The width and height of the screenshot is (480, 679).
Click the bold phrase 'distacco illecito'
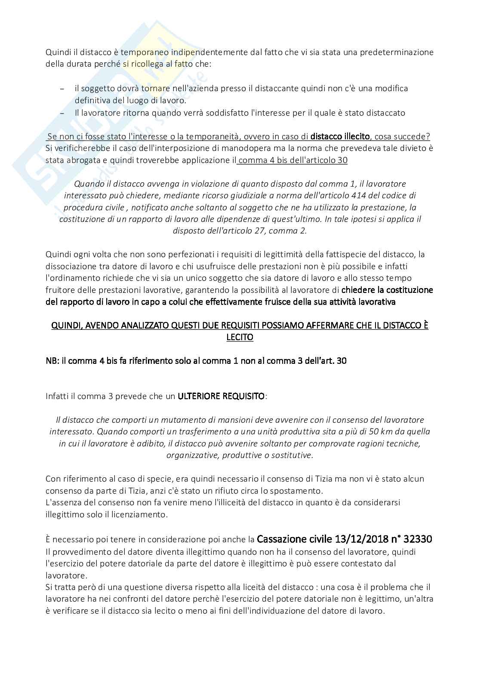(x=340, y=136)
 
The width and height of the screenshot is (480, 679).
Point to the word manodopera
(x=221, y=148)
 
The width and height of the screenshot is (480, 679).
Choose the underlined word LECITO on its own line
(x=240, y=337)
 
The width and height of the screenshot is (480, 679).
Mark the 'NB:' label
(x=52, y=360)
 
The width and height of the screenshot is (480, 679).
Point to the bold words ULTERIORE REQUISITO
(x=221, y=396)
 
